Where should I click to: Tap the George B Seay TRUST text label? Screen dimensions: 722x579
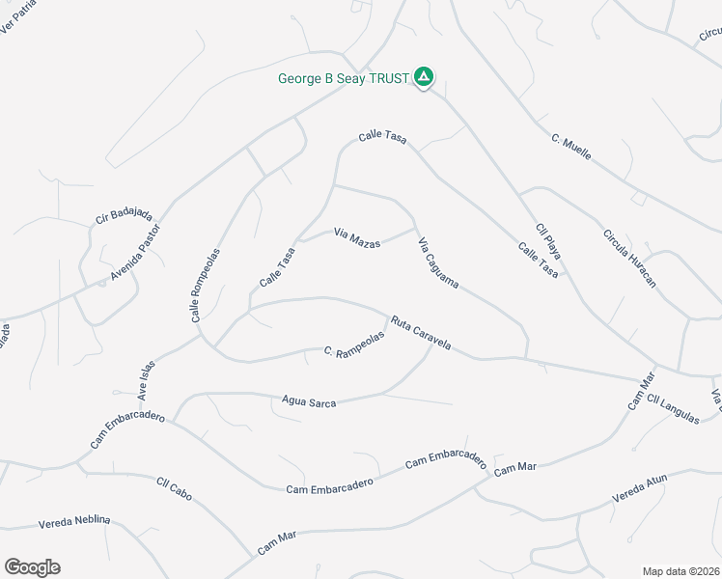coord(344,78)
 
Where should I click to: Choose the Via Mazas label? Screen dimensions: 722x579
coord(356,236)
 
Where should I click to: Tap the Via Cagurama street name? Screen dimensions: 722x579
coord(437,263)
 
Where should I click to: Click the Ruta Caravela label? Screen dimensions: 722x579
coord(421,333)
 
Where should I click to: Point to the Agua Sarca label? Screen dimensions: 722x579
coord(309,400)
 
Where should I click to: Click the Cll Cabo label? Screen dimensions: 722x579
coord(174,489)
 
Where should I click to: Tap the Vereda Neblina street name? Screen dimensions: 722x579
coord(74,521)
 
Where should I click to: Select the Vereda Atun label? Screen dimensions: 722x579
coord(640,490)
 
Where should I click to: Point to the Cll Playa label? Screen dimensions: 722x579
coord(548,241)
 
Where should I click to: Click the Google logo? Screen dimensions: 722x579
coord(32,567)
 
